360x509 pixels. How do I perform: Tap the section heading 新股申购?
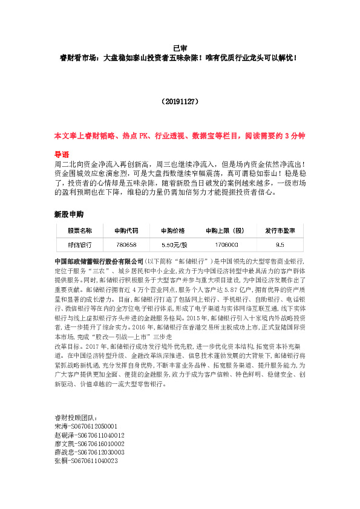pos(68,214)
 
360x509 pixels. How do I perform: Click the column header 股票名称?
pos(79,231)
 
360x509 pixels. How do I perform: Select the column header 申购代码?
pos(126,231)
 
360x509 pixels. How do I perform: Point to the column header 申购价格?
pos(172,231)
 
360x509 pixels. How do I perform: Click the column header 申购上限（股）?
pos(224,231)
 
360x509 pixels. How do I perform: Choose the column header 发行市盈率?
pos(280,231)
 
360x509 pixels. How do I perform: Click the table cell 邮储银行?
pos(79,244)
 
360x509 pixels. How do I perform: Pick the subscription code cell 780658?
pos(126,244)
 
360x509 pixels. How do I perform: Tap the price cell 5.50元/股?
pos(172,244)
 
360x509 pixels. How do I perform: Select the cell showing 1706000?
pos(224,244)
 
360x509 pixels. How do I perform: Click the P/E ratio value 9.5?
pos(280,244)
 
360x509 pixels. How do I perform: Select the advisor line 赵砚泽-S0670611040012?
pos(90,452)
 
